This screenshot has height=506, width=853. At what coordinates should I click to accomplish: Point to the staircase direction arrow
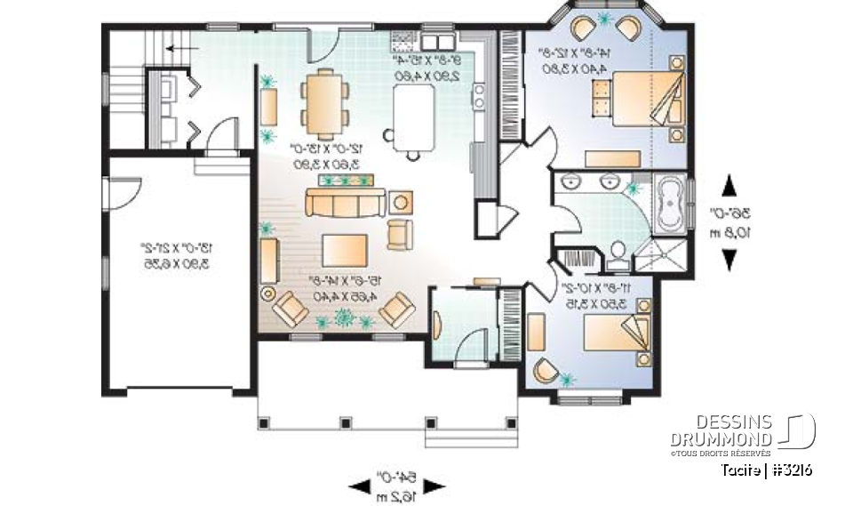click(182, 49)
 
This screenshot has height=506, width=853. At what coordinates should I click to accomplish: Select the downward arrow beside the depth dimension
click(729, 259)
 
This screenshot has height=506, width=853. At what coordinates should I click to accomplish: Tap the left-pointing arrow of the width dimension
click(359, 486)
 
